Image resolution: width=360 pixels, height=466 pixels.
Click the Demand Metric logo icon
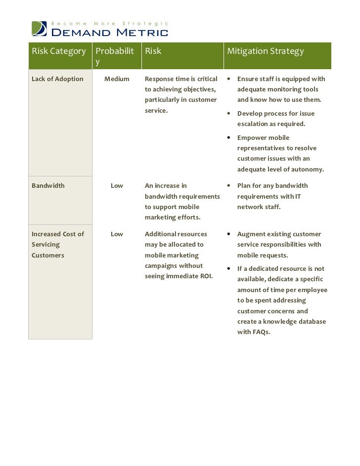40,29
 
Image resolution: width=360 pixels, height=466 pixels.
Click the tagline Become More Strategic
111,23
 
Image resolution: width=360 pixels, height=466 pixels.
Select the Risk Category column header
58,51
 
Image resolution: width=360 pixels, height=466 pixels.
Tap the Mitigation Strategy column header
265,51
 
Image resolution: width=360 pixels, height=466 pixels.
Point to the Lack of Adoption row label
57,79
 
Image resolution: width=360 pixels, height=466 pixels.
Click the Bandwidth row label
48,186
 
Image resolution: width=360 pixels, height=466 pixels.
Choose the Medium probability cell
117,79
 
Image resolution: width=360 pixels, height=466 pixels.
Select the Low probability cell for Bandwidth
117,186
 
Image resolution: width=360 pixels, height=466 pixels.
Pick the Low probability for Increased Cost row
117,234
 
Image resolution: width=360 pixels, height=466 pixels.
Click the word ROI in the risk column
205,276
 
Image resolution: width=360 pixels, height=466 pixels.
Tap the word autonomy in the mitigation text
306,169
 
